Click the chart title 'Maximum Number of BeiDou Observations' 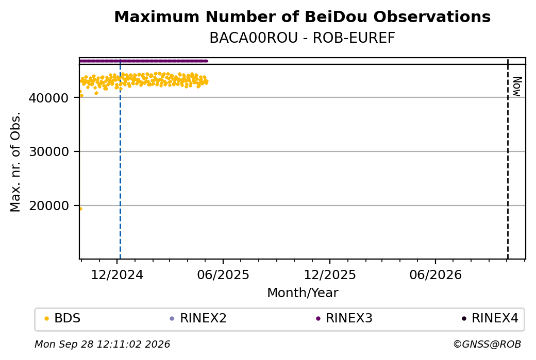[x=302, y=16]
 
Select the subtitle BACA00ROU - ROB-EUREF [x=302, y=38]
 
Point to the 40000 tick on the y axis [x=48, y=98]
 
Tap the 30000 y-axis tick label [x=48, y=151]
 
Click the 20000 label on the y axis [x=48, y=205]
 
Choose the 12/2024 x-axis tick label [x=117, y=275]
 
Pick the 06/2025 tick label [x=223, y=275]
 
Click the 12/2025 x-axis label [x=330, y=275]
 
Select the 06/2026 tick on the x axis [x=435, y=275]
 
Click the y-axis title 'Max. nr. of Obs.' [x=15, y=162]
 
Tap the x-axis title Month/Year [x=303, y=293]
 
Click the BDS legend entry [x=62, y=318]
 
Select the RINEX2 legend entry [x=198, y=318]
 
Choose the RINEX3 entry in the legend [x=344, y=318]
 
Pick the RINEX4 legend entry [x=490, y=318]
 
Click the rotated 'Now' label [x=517, y=87]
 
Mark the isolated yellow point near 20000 [x=81, y=209]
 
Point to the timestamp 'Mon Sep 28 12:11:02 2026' [x=103, y=344]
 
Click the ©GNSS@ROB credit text [x=487, y=344]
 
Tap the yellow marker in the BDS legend [x=47, y=319]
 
